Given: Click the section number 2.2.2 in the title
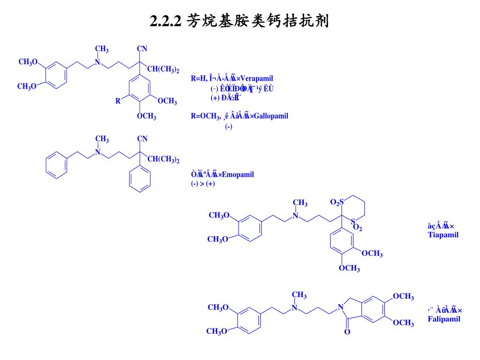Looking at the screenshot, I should point(165,21).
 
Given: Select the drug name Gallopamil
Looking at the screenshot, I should point(271,116).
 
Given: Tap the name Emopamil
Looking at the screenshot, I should point(238,175).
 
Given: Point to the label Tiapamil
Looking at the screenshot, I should point(443,234).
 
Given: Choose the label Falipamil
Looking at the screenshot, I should point(444,319).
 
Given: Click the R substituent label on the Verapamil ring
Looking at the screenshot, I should point(118,101).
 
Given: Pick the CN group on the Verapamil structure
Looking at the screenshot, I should point(142,48).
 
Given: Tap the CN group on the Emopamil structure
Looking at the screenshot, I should point(142,138).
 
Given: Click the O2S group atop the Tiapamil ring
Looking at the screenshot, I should point(337,202).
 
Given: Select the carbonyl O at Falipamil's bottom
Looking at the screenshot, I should point(347,332).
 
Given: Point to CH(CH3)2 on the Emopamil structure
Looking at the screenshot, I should point(163,160).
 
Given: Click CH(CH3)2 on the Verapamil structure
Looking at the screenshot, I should point(163,69).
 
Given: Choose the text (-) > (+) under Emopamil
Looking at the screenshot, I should point(200,184).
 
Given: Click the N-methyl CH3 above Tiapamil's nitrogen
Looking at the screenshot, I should point(300,203).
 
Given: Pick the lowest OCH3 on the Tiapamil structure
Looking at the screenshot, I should point(349,268).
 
